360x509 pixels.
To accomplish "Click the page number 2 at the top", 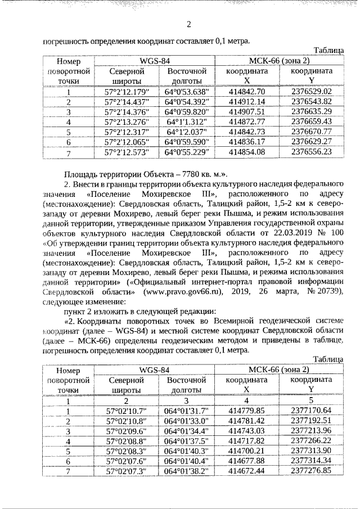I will [x=188, y=24].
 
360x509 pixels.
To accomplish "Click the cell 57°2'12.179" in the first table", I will [x=126, y=92].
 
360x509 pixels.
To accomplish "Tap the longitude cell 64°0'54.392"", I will [x=187, y=102].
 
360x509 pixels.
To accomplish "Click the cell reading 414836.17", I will [x=247, y=142].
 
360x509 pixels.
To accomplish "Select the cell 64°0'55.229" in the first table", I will [x=187, y=152].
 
